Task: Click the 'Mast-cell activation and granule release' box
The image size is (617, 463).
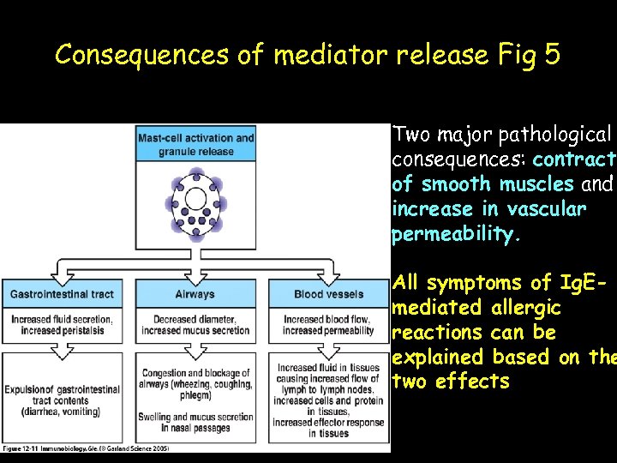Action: point(195,143)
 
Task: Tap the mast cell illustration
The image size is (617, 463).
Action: point(195,202)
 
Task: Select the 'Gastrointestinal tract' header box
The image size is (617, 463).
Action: point(62,294)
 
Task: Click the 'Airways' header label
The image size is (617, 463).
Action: point(195,294)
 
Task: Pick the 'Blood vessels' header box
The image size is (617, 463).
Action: point(328,294)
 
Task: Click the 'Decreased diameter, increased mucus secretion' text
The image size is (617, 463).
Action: point(195,325)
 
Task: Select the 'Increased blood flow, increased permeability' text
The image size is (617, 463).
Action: point(328,325)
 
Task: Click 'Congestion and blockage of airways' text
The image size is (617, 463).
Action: point(195,384)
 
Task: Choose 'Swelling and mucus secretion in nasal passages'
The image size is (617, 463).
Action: point(195,423)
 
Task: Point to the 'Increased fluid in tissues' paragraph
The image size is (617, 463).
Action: point(328,400)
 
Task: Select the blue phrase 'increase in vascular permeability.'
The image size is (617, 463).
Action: point(488,221)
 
